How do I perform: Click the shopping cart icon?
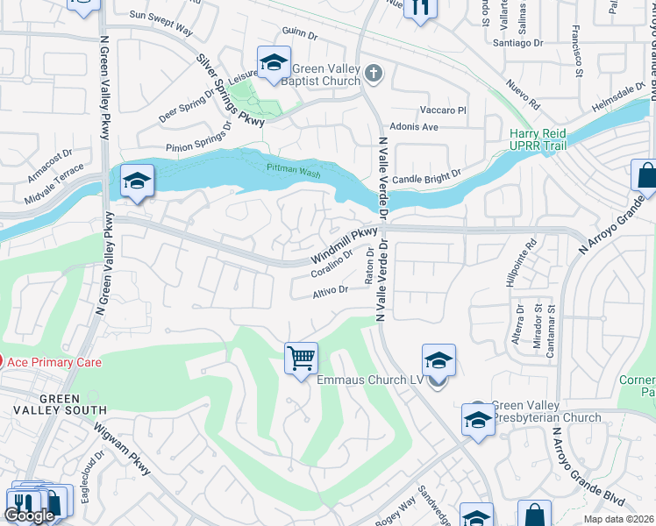coord(301,358)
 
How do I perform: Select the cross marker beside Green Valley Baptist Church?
coord(374,74)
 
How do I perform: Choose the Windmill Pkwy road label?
coord(345,247)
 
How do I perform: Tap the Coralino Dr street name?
coord(332,264)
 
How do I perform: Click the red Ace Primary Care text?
coord(54,362)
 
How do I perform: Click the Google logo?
coord(29,515)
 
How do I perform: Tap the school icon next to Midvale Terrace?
coord(137,180)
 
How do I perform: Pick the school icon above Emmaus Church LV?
coord(439,359)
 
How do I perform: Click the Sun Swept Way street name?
coord(160,23)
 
